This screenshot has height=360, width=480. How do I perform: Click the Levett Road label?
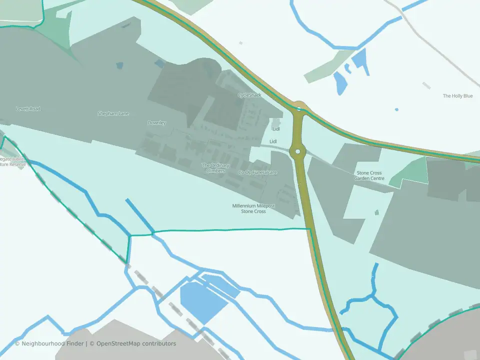pyautogui.click(x=28, y=108)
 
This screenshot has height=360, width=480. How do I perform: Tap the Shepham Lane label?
pyautogui.click(x=113, y=113)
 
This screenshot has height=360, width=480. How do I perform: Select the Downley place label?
pyautogui.click(x=156, y=123)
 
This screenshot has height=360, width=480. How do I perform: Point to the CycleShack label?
pyautogui.click(x=249, y=95)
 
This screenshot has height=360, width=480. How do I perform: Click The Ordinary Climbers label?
pyautogui.click(x=215, y=168)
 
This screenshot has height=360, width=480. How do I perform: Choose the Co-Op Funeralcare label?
pyautogui.click(x=257, y=172)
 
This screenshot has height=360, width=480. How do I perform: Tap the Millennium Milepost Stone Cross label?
pyautogui.click(x=253, y=208)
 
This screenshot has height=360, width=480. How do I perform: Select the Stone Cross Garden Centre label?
pyautogui.click(x=369, y=175)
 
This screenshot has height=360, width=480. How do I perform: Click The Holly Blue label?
pyautogui.click(x=457, y=96)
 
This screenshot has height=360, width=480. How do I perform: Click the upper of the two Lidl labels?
pyautogui.click(x=276, y=129)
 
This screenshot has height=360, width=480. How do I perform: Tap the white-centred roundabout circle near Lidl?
pyautogui.click(x=297, y=151)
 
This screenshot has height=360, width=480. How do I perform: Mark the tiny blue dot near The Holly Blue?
pyautogui.click(x=396, y=109)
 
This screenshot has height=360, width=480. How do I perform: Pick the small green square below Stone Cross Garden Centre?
pyautogui.click(x=376, y=212)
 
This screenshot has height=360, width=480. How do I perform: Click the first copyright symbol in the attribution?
pyautogui.click(x=17, y=343)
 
